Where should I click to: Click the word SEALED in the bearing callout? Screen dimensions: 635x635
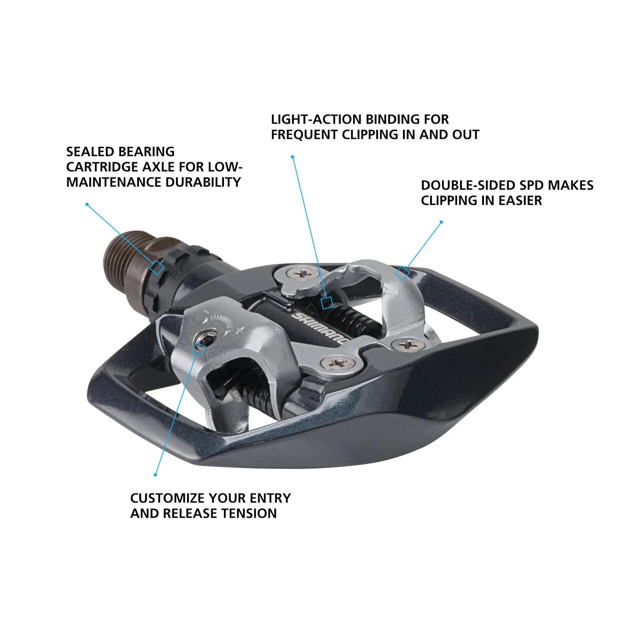[90, 152]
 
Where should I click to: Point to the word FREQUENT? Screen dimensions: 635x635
[304, 135]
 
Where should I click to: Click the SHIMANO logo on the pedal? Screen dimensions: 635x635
[320, 328]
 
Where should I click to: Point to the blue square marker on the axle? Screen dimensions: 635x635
[157, 268]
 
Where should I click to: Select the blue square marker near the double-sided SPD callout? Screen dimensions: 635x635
[402, 273]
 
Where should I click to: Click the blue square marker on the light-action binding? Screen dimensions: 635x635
[326, 303]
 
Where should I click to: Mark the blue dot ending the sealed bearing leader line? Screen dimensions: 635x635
[87, 204]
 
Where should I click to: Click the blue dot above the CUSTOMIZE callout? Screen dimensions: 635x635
[155, 475]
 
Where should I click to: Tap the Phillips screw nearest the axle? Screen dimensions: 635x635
[301, 273]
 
